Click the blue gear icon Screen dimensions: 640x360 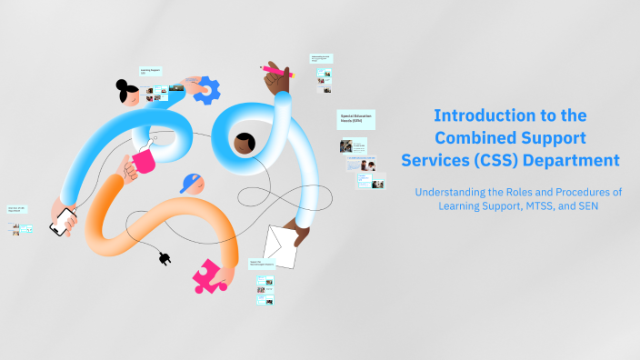207,89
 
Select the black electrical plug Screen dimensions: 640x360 165,259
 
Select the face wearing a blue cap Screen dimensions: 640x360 192,184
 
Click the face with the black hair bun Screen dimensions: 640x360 128,93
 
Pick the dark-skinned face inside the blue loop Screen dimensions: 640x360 244,143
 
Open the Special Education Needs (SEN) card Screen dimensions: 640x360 356,119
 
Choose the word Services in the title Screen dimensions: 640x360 439,160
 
